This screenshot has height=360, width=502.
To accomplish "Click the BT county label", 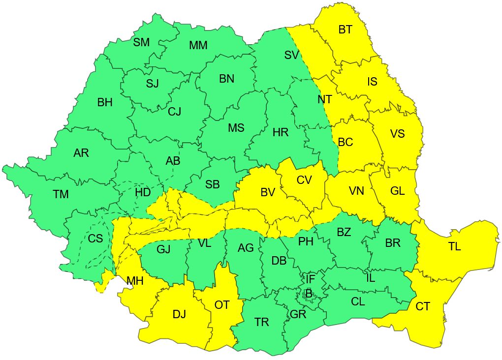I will point(345,30).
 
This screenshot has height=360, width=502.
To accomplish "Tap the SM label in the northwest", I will point(141,43).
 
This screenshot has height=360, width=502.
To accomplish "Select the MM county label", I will point(198,46).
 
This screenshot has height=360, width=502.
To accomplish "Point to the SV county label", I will point(291,55).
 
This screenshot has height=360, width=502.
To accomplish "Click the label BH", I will point(105,103).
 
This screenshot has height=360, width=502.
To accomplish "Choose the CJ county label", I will point(174,112).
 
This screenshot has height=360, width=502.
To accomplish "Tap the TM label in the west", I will point(61,195).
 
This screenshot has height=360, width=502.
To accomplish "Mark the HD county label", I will point(142,192).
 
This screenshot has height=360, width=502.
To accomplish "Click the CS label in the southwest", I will point(95,239).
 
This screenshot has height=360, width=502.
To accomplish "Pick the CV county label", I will point(304,180).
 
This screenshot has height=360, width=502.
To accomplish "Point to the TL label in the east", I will point(454,247).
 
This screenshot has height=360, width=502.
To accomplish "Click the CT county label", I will point(423,307).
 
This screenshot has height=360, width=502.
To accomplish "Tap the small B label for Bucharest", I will point(309,294).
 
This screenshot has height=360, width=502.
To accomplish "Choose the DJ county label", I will point(179,315).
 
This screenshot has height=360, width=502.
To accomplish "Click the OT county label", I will point(222,305).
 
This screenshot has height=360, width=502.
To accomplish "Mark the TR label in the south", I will point(262,322).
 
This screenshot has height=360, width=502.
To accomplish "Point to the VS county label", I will point(397,134).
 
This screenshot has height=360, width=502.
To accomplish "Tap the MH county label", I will point(135,282).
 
